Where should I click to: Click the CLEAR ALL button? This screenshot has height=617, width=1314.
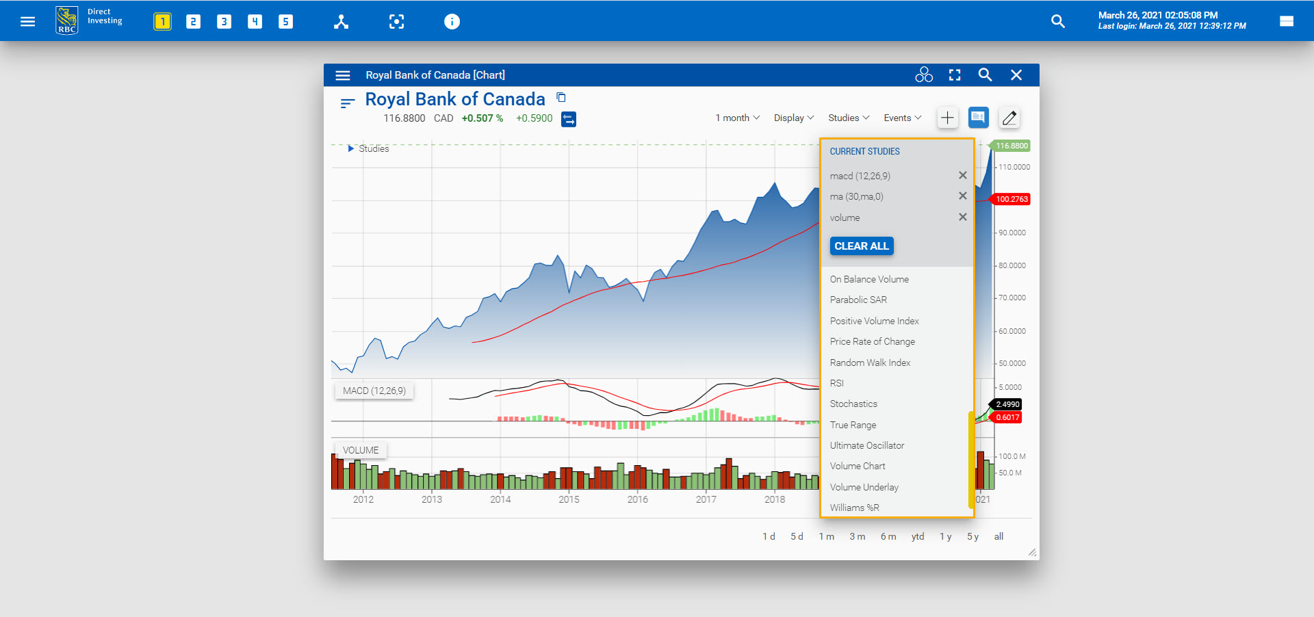(x=861, y=246)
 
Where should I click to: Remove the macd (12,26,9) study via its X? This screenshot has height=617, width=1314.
(x=962, y=176)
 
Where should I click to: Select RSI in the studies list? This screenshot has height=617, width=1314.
(x=836, y=383)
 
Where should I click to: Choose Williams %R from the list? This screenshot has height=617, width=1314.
(x=854, y=508)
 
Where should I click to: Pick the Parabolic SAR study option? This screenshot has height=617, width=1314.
(x=858, y=300)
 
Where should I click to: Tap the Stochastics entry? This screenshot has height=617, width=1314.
(x=853, y=404)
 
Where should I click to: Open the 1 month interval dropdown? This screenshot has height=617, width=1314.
(x=737, y=118)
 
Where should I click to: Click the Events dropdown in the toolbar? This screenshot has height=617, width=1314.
(x=901, y=118)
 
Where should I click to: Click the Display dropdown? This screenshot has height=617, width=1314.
(x=793, y=118)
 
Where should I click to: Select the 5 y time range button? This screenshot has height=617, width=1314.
(x=972, y=536)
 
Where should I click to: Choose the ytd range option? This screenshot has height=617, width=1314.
(x=917, y=536)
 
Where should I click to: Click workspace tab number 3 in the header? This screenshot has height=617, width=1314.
(x=224, y=22)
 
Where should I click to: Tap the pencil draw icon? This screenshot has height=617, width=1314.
(x=1009, y=118)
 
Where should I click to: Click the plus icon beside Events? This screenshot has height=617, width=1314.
(x=947, y=118)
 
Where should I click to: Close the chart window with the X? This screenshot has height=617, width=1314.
(x=1016, y=75)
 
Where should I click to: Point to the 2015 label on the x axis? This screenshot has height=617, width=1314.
(x=569, y=499)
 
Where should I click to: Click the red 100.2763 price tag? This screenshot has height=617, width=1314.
(x=1012, y=199)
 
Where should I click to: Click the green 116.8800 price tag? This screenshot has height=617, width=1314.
(x=1012, y=146)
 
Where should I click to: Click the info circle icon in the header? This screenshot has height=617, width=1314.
(x=452, y=22)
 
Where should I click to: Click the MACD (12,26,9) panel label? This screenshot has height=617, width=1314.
(x=374, y=391)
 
